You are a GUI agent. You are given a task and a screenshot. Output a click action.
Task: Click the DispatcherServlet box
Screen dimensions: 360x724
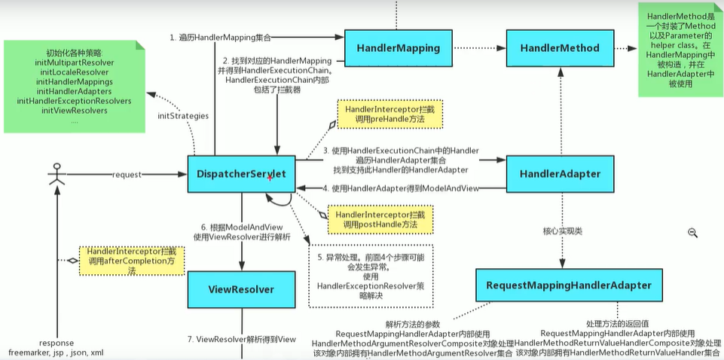241,174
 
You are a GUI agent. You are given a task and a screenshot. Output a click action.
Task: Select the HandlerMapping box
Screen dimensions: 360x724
397,48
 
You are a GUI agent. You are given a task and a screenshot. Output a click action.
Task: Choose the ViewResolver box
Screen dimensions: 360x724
241,289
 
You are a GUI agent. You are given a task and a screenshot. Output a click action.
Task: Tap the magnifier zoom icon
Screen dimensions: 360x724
692,233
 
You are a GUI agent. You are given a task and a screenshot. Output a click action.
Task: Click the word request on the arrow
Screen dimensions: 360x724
127,174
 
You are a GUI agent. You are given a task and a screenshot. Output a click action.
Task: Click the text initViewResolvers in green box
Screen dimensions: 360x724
74,111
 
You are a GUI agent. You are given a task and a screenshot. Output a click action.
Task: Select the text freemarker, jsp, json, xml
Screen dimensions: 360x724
56,352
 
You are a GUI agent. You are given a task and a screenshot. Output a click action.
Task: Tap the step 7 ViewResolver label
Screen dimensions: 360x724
242,340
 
